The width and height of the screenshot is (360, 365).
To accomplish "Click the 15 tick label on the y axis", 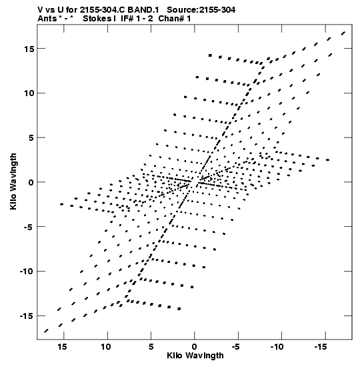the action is coord(29,49).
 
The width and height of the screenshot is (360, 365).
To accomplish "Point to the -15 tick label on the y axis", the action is coord(27,316).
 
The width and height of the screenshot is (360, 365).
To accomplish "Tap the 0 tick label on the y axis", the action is coord(31,182).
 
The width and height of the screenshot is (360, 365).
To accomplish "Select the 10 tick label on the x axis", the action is coord(106,347).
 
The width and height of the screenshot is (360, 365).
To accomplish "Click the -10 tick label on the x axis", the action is coord(277,347).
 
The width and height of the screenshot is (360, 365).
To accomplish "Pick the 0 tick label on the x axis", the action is coord(195,347).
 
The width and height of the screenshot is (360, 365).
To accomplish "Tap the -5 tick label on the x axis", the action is coord(235,347).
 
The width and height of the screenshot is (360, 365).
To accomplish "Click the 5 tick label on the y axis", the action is coord(31,138).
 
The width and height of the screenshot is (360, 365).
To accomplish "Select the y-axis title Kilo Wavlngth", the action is coord(13,181).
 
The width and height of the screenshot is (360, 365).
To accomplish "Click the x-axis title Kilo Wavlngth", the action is coord(195,356).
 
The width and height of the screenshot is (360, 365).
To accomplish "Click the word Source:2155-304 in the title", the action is coord(201,10).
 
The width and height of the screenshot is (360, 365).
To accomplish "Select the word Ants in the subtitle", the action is coord(47,19).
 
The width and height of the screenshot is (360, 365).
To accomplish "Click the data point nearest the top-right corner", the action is coord(343,33).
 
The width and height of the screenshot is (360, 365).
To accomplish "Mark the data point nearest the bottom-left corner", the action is coord(46,331).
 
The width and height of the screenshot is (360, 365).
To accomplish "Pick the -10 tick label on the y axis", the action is coord(27,272).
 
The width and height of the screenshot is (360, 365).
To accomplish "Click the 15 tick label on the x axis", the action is coord(62,347).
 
